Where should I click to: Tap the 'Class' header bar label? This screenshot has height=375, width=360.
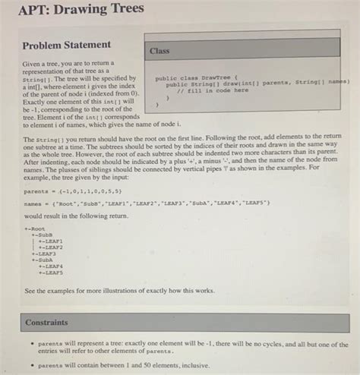coord(159,51)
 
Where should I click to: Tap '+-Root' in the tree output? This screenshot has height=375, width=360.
coord(35,227)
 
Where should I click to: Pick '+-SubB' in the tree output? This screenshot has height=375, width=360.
coord(42,234)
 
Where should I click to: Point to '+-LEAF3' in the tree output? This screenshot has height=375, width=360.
coord(45,253)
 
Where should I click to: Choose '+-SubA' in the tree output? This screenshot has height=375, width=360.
coord(42,259)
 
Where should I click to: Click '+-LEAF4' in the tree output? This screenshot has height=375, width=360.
coord(49,266)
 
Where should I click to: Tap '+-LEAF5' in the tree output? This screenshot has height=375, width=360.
coord(49,272)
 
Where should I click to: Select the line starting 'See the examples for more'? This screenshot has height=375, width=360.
coord(118,290)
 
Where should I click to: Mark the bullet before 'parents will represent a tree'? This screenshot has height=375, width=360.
coord(29,343)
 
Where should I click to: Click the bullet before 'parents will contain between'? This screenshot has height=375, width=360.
coord(29,364)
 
